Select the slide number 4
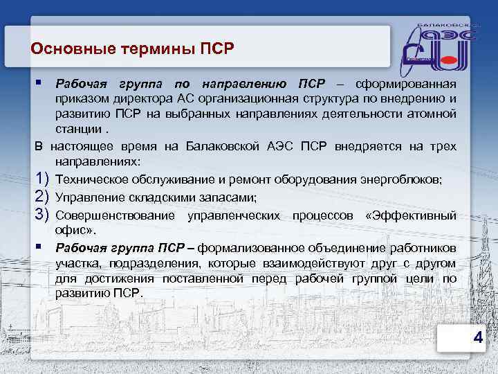point(477,337)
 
